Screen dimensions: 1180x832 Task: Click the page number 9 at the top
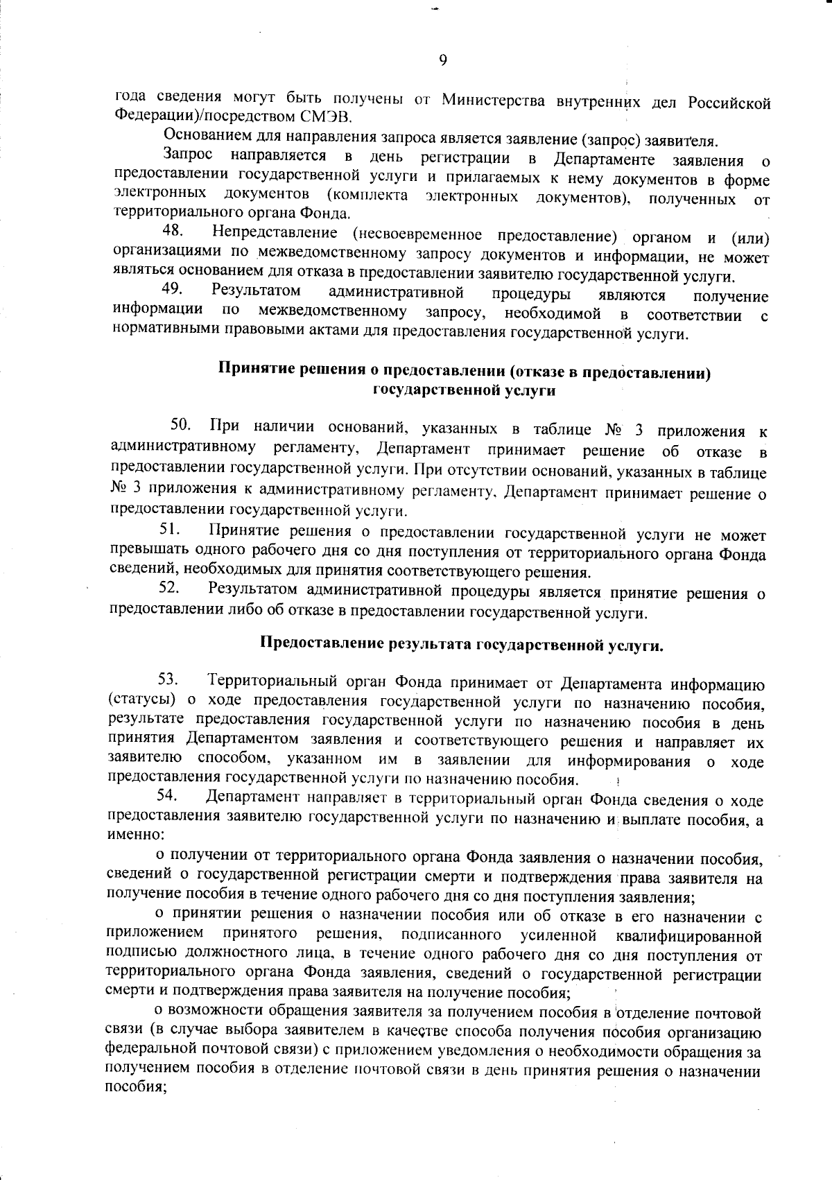[442, 60]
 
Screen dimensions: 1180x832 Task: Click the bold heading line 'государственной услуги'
[465, 390]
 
